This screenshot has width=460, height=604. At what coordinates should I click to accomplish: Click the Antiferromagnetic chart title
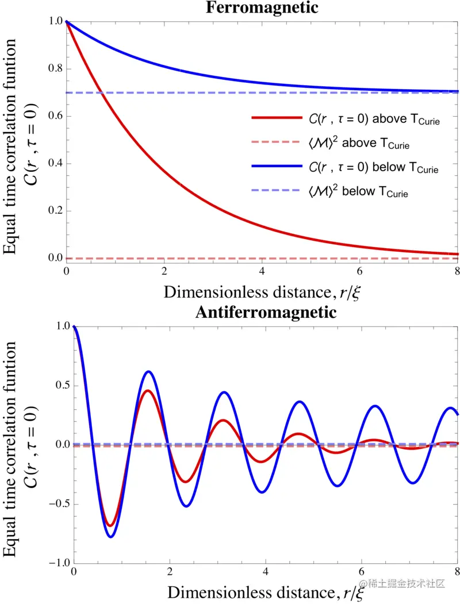coord(265,313)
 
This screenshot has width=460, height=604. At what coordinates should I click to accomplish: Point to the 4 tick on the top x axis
coord(262,271)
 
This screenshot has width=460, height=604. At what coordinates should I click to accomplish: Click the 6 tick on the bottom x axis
coord(362,574)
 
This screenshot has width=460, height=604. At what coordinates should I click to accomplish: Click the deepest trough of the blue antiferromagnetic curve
coord(110,537)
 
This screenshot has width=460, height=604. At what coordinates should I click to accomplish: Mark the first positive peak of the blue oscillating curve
coord(148,371)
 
